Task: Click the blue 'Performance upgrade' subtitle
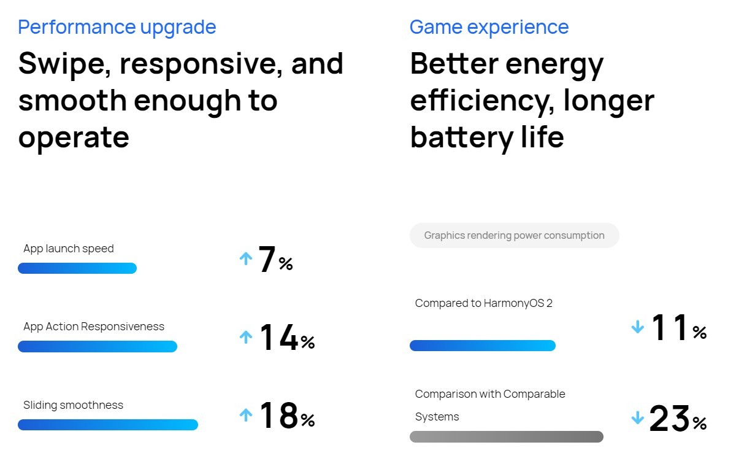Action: (x=117, y=27)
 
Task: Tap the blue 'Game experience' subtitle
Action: (x=489, y=27)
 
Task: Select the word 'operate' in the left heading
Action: (x=74, y=137)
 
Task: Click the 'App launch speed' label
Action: (x=69, y=249)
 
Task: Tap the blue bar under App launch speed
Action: (x=77, y=268)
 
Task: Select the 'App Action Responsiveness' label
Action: (x=94, y=327)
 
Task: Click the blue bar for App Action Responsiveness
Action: (x=98, y=347)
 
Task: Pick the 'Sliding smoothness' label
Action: (x=73, y=405)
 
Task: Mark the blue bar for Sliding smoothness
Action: (x=108, y=425)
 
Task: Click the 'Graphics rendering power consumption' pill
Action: (x=514, y=236)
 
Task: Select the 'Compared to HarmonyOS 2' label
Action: (x=483, y=303)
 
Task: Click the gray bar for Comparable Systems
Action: (x=506, y=437)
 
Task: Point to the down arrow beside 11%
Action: (x=638, y=328)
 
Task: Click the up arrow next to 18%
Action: (x=246, y=416)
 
